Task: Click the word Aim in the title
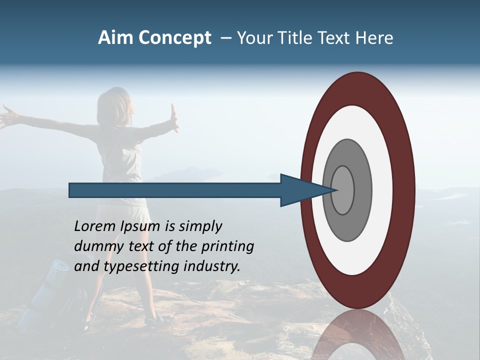point(115,38)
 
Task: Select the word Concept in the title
point(174,38)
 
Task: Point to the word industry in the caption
point(212,266)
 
